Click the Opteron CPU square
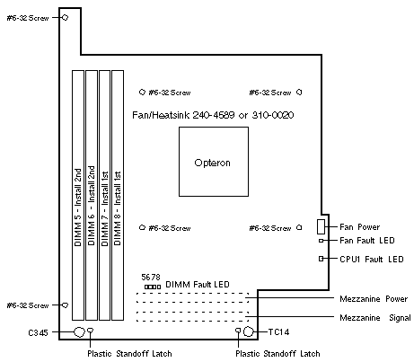click(x=214, y=162)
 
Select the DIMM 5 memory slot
click(x=78, y=195)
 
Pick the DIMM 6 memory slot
click(x=92, y=195)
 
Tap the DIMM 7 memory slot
click(x=105, y=195)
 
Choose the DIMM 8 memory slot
click(x=118, y=195)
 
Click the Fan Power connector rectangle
click(x=321, y=226)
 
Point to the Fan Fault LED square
click(x=321, y=241)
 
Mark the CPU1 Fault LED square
click(x=321, y=259)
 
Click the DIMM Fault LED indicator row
click(x=153, y=287)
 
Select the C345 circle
click(x=79, y=331)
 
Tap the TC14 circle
click(x=248, y=331)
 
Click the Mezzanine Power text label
click(x=374, y=299)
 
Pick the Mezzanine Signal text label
click(x=375, y=318)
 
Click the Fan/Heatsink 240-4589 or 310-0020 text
click(x=213, y=115)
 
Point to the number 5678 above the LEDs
click(x=151, y=278)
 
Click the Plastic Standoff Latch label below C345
click(x=129, y=354)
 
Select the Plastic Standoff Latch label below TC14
click(x=277, y=354)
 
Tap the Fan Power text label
click(x=359, y=227)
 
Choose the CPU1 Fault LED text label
click(x=372, y=259)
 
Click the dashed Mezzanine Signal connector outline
click(x=192, y=316)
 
